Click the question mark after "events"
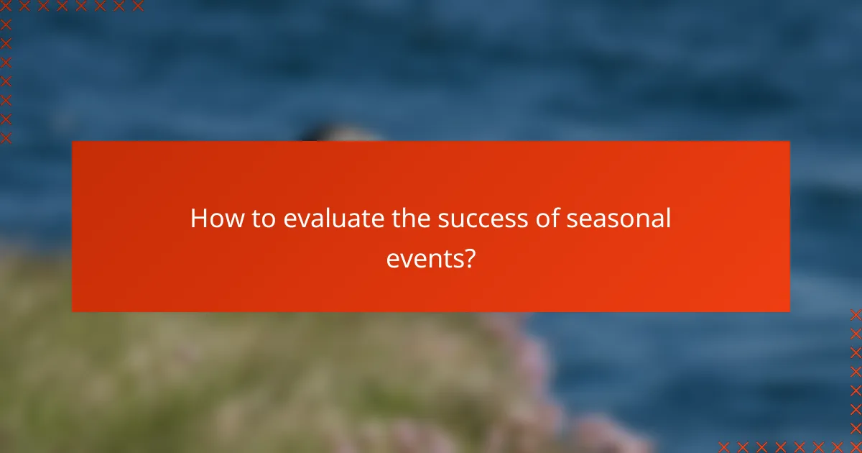point(469,258)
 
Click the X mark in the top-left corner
point(6,6)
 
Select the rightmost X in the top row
point(137,6)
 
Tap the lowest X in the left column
point(6,137)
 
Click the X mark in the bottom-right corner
point(856,447)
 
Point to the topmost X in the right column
point(856,315)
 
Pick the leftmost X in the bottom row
point(724,447)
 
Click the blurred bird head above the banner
point(338,133)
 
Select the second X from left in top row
point(24,6)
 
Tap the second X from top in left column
point(6,24)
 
